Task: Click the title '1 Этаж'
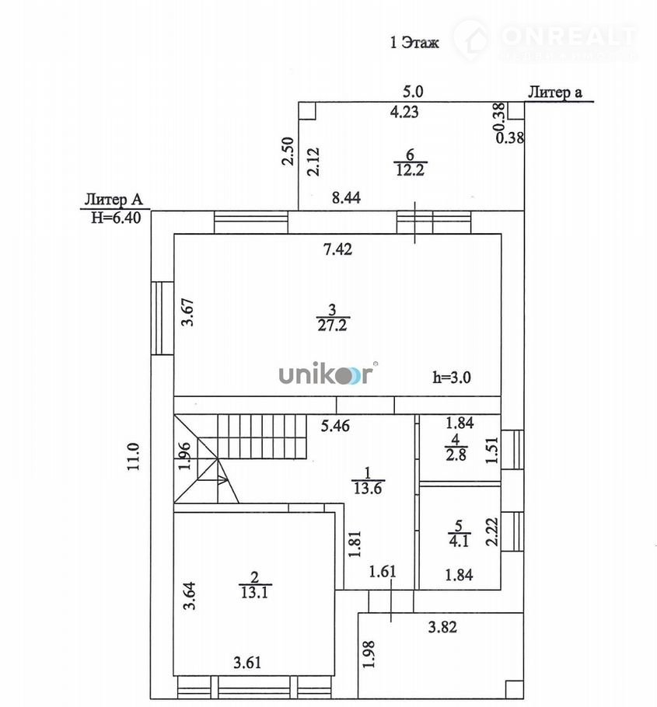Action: pyautogui.click(x=414, y=43)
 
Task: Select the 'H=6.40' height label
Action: pyautogui.click(x=115, y=218)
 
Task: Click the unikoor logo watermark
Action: pyautogui.click(x=327, y=374)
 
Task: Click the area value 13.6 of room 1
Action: pyautogui.click(x=369, y=487)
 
